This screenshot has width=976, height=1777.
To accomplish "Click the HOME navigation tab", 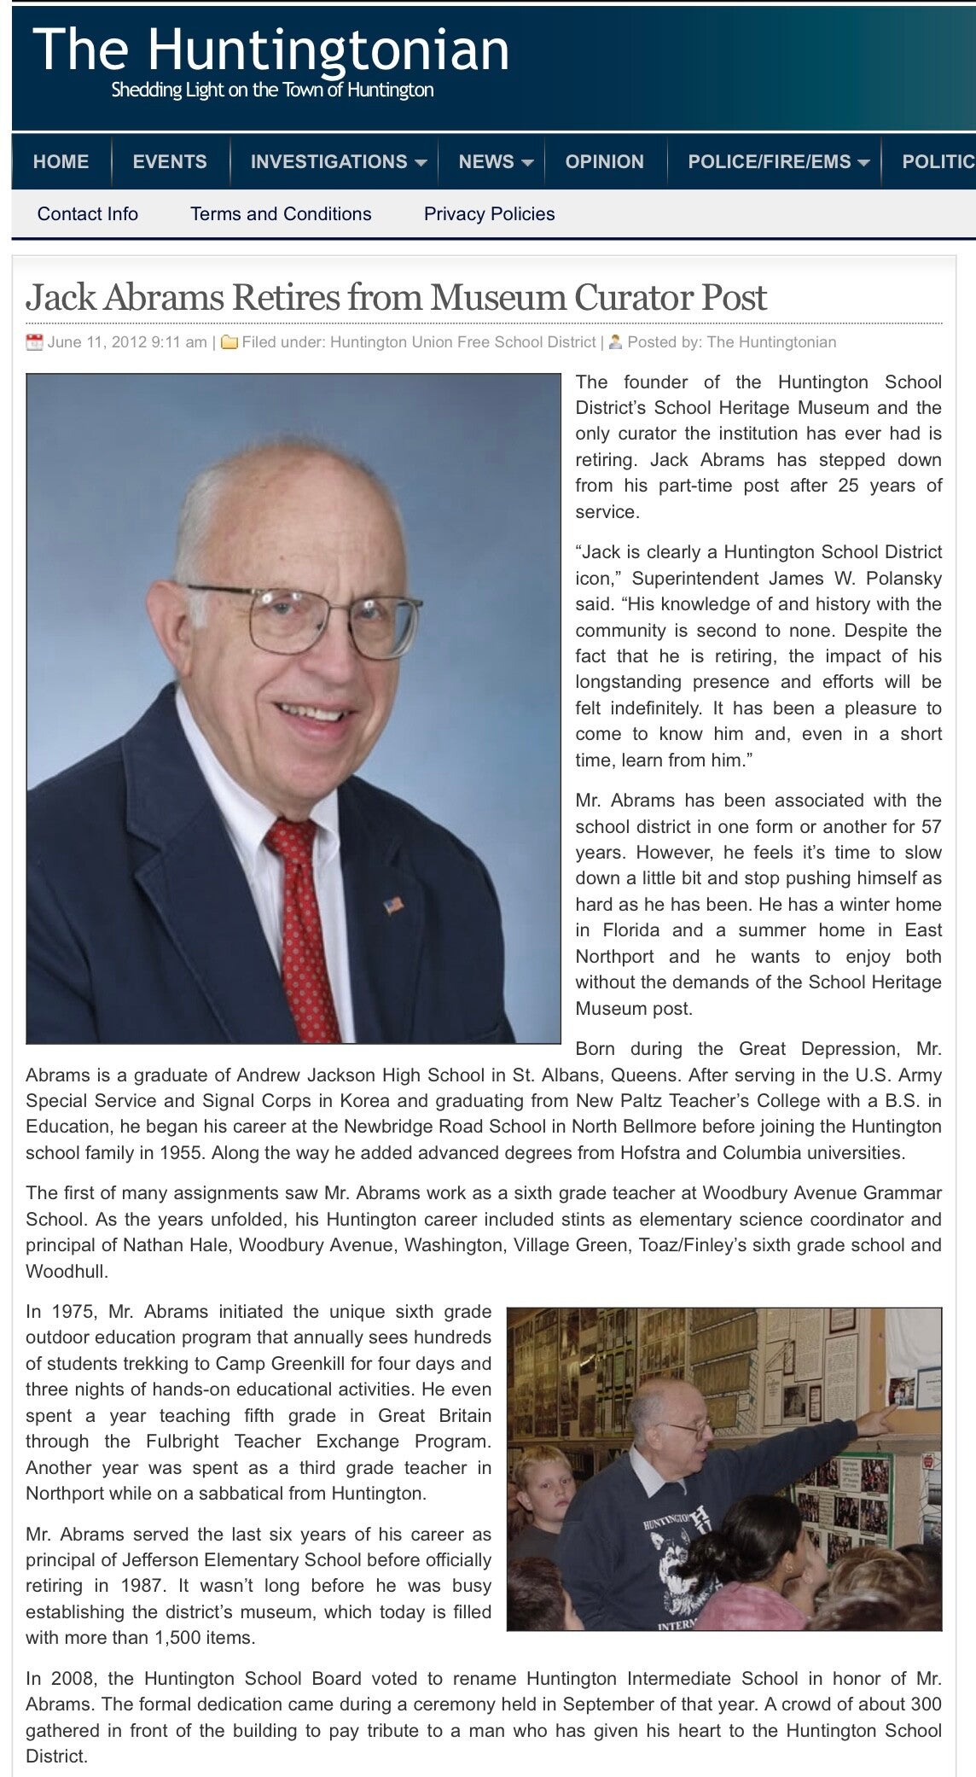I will tap(61, 161).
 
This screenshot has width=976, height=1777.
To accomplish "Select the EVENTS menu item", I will tap(170, 161).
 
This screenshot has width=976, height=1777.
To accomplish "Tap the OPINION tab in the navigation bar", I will tap(604, 161).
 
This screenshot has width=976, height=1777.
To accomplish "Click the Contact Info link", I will tap(88, 213).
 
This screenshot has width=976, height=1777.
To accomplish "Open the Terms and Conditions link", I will tap(281, 213).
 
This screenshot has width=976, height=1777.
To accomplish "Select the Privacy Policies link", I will tap(489, 213).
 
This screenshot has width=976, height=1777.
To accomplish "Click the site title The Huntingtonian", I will tap(271, 50).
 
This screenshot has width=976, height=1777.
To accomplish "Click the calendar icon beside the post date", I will tap(34, 343).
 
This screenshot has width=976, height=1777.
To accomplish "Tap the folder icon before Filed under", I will tap(229, 343).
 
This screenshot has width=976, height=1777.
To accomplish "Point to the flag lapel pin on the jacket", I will tap(393, 905).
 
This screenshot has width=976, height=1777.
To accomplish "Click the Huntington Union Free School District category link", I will tap(462, 342).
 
